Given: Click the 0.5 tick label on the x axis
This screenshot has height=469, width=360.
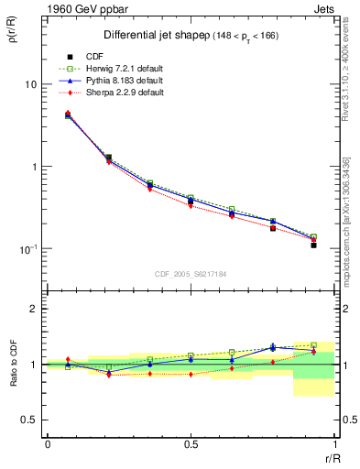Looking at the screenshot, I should [x=191, y=444].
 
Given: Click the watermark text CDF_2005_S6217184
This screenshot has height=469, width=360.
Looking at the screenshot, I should [x=191, y=274].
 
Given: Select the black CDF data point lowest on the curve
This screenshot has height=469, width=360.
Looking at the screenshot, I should [x=313, y=245].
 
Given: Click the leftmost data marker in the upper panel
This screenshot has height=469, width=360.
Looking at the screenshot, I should [x=68, y=115].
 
